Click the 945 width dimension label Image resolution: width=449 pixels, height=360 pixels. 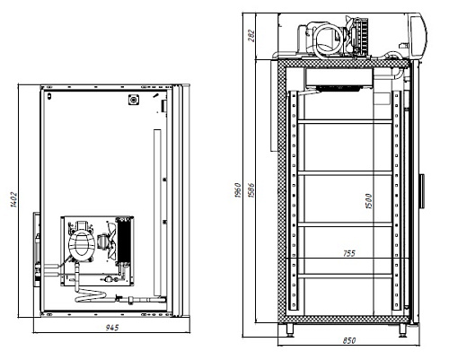[112, 328]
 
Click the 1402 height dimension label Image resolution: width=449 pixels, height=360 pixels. [13, 199]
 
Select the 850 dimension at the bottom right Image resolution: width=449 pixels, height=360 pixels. [349, 340]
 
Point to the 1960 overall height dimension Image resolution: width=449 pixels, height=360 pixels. [238, 190]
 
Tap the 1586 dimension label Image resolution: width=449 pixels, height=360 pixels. [251, 190]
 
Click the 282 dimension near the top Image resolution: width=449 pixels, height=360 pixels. [251, 36]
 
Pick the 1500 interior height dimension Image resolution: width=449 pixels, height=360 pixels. [369, 201]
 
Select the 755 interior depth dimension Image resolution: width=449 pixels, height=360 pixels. [349, 253]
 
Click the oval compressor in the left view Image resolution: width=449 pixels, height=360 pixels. [81, 243]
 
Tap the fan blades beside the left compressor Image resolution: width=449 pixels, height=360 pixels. [111, 240]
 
